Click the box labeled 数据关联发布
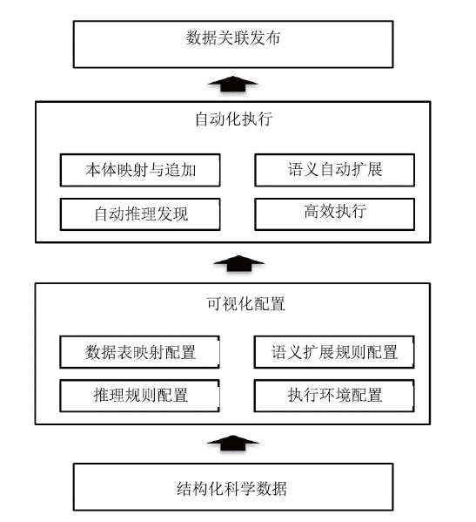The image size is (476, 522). pyautogui.click(x=233, y=44)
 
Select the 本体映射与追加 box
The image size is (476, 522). pyautogui.click(x=140, y=170)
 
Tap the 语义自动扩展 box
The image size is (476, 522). pyautogui.click(x=335, y=170)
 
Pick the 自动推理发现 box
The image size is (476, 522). pyautogui.click(x=140, y=214)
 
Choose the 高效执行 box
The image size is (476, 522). pyautogui.click(x=335, y=214)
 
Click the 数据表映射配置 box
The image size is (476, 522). pyautogui.click(x=139, y=352)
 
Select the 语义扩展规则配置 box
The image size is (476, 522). pyautogui.click(x=334, y=352)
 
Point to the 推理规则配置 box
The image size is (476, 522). pyautogui.click(x=139, y=396)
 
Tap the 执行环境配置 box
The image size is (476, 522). pyautogui.click(x=334, y=396)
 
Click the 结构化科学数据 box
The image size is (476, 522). pyautogui.click(x=233, y=486)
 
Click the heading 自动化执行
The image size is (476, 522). pyautogui.click(x=234, y=119)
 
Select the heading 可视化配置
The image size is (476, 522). pyautogui.click(x=245, y=303)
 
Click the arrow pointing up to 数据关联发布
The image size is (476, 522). pyautogui.click(x=233, y=84)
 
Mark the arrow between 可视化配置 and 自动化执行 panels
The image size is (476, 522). pyautogui.click(x=238, y=263)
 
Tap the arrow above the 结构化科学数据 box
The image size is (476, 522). pyautogui.click(x=233, y=443)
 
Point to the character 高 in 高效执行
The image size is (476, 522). pyautogui.click(x=312, y=211)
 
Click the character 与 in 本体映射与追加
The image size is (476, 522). pyautogui.click(x=157, y=170)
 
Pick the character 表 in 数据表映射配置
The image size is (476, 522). pyautogui.click(x=125, y=352)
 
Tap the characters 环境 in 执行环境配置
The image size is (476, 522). pyautogui.click(x=335, y=396)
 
